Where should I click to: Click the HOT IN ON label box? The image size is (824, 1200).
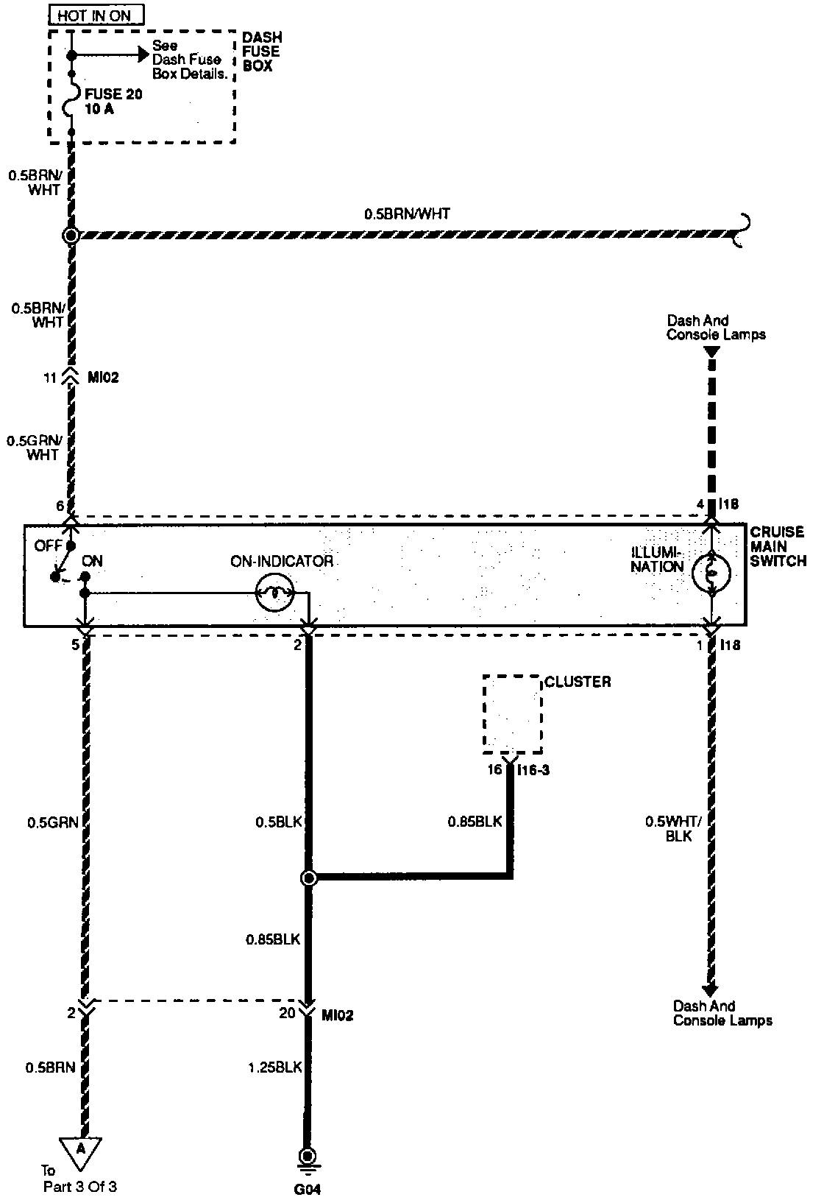[96, 15]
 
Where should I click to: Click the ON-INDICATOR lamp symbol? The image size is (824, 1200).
[274, 592]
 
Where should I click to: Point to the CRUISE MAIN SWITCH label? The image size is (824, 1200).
[778, 546]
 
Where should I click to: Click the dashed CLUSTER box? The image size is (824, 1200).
[512, 714]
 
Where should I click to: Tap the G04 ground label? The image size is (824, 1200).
[308, 1188]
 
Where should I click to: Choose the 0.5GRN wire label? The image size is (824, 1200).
[52, 822]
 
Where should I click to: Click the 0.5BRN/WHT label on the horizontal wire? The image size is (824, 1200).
[407, 214]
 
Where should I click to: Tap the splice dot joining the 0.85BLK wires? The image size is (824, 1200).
[308, 878]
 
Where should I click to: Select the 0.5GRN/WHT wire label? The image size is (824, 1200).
[34, 448]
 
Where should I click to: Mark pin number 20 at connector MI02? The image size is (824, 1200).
[287, 1013]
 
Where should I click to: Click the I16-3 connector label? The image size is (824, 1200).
[535, 770]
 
